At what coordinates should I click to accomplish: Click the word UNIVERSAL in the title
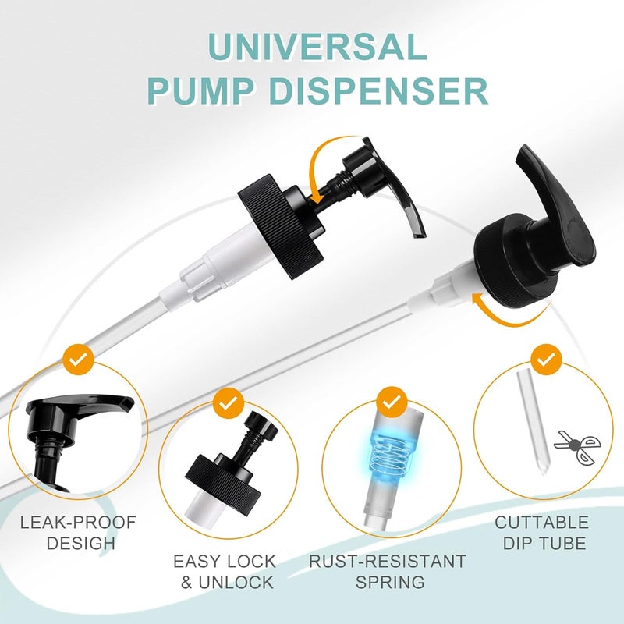tap(311, 49)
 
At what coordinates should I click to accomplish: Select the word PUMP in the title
tap(195, 91)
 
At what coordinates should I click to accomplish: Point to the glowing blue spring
tap(388, 453)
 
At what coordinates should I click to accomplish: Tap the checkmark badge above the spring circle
tap(389, 402)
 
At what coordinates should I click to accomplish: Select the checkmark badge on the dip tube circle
tap(545, 359)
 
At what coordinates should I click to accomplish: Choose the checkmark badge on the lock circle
tap(228, 403)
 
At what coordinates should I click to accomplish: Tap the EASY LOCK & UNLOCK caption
tap(224, 572)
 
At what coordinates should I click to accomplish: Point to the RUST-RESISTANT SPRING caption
tap(388, 572)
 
